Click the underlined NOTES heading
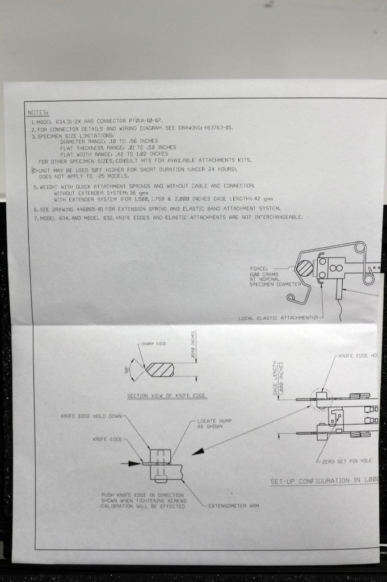[38, 113]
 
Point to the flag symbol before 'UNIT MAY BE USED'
[34, 169]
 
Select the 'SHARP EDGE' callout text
[154, 344]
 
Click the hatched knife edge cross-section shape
[159, 369]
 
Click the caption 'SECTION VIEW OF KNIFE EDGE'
[167, 396]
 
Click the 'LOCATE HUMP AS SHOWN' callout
[214, 423]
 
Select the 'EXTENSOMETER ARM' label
[233, 505]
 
